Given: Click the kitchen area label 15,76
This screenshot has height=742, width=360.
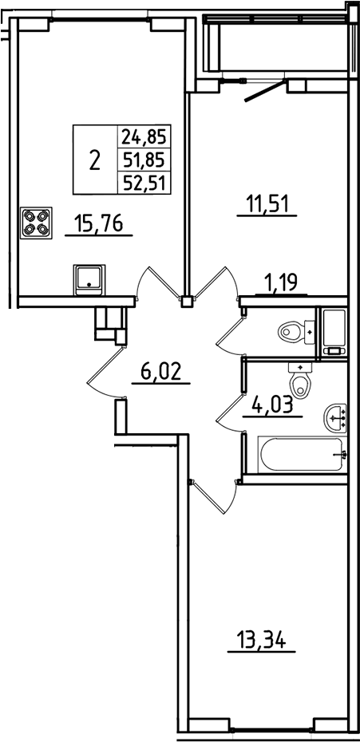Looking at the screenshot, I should coord(98,224).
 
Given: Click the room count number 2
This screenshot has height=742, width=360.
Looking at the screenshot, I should coord(95,160).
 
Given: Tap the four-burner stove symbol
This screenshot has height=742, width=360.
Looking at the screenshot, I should coord(34,221).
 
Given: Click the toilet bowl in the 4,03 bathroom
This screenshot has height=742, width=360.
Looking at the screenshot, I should coord(300,383).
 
